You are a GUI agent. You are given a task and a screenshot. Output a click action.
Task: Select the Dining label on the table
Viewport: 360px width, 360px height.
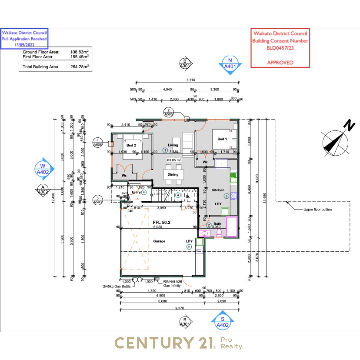coord(173,174)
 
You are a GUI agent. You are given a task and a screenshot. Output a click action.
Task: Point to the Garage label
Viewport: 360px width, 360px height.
coord(159,241)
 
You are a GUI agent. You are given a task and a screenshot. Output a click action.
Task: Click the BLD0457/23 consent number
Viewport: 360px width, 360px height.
coord(280,48)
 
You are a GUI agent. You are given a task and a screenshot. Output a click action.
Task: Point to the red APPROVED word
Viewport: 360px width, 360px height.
coord(280,62)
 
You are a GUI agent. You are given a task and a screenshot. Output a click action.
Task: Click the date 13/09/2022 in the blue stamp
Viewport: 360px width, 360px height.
coord(24,44)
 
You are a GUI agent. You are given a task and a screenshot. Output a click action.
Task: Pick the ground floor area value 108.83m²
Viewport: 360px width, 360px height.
coord(79,52)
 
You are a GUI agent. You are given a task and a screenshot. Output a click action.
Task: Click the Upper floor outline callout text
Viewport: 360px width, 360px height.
coord(318,210)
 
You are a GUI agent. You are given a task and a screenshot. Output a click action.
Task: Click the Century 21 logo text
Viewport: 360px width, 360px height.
coord(164,343)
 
